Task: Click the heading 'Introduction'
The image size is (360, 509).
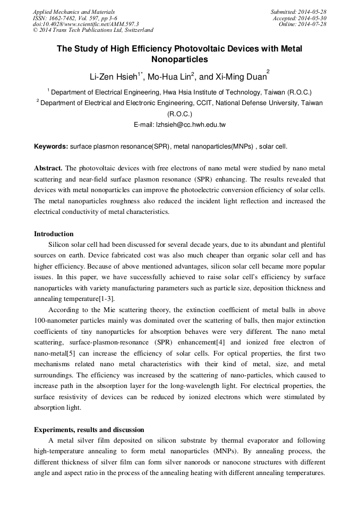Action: (x=54, y=234)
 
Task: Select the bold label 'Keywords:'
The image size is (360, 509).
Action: (x=51, y=146)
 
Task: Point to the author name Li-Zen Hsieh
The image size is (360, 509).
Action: (x=112, y=77)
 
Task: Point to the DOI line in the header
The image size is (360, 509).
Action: (x=86, y=24)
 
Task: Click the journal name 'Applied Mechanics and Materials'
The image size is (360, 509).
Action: (x=74, y=12)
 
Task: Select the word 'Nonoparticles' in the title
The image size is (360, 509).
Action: (x=179, y=59)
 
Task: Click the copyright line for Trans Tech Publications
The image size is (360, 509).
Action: (x=93, y=31)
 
